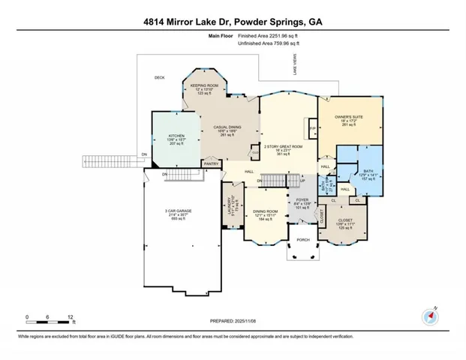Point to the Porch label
pyautogui.click(x=303, y=240)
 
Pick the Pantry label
pyautogui.click(x=211, y=163)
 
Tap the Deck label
pyautogui.click(x=159, y=77)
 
